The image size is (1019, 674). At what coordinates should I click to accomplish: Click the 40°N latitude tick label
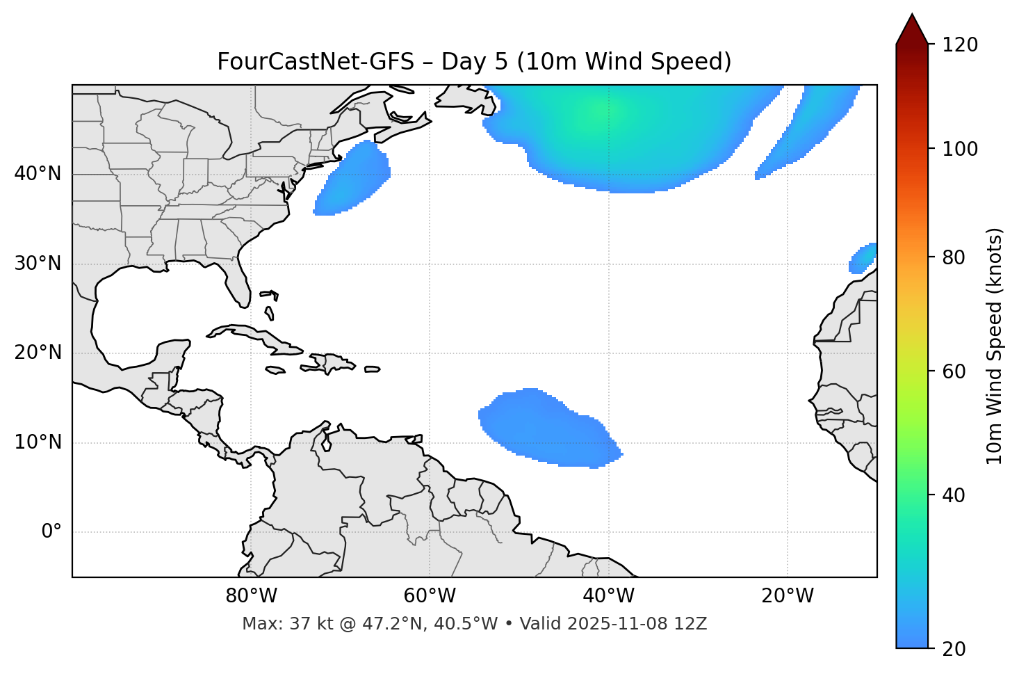coord(38,174)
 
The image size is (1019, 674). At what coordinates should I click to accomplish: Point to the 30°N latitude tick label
coord(38,264)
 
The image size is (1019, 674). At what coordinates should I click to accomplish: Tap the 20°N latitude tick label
coord(38,353)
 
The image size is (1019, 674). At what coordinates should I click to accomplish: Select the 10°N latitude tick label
coord(38,442)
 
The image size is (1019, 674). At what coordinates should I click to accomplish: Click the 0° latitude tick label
coord(51,532)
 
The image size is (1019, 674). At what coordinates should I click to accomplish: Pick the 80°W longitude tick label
coord(251,596)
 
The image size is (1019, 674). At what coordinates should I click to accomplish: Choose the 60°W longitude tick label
coord(430,596)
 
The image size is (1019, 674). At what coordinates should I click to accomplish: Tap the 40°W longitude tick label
coord(609,596)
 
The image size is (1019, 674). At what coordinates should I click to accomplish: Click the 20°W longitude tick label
coord(788,596)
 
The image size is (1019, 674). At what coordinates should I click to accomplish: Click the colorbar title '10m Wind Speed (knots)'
coord(995,346)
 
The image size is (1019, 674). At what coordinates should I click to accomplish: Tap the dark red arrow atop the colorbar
coord(912,31)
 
